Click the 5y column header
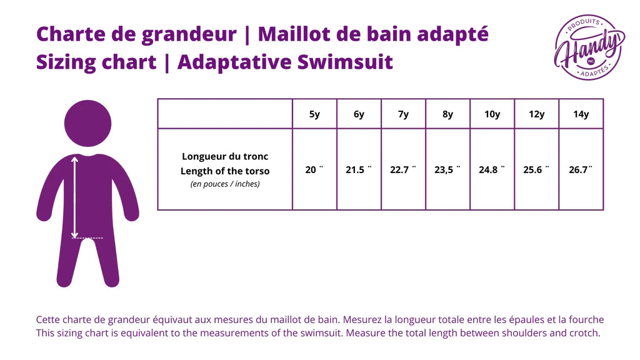[314, 114]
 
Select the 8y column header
[447, 114]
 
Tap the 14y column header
[581, 114]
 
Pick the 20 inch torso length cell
[314, 169]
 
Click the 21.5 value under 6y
[358, 169]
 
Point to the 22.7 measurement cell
[402, 169]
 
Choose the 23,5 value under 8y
[447, 169]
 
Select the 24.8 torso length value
[492, 169]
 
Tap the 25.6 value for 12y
[536, 169]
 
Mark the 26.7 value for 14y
[581, 169]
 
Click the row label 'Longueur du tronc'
[225, 156]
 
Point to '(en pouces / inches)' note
[225, 184]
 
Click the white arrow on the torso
[74, 196]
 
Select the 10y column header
[492, 114]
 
